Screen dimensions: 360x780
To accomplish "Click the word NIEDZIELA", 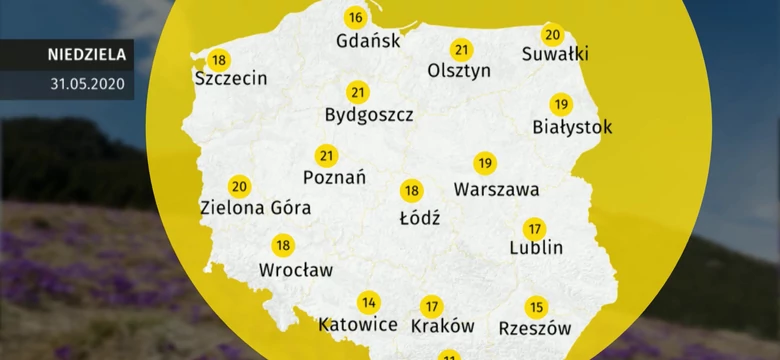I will tap(86, 55).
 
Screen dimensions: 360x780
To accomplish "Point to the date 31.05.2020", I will tap(86, 84).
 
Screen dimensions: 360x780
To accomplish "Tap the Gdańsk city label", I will tap(369, 41).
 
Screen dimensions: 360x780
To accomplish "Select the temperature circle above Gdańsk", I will tap(355, 18).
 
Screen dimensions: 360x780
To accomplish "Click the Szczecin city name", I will tap(231, 78).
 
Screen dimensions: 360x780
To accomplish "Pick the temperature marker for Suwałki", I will tap(552, 35).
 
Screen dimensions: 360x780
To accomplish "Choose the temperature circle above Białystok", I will tap(561, 104).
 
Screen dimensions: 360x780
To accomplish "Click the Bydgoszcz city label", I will tap(369, 115).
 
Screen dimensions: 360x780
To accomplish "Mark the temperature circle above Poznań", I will tap(326, 156).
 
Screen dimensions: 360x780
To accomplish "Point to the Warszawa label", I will tap(496, 188).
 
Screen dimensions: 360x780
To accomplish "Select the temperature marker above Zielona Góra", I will tap(239, 186).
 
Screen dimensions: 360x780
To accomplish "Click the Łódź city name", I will tap(419, 216).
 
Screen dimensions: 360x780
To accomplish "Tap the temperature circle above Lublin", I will tap(534, 228).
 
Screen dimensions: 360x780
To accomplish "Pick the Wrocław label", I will tap(296, 269).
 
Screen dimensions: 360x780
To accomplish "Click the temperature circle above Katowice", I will tap(369, 303).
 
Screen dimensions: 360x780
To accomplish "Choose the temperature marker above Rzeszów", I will tap(536, 307).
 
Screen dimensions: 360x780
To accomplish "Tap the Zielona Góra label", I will tap(255, 208).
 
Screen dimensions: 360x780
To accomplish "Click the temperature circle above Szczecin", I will tap(218, 59).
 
